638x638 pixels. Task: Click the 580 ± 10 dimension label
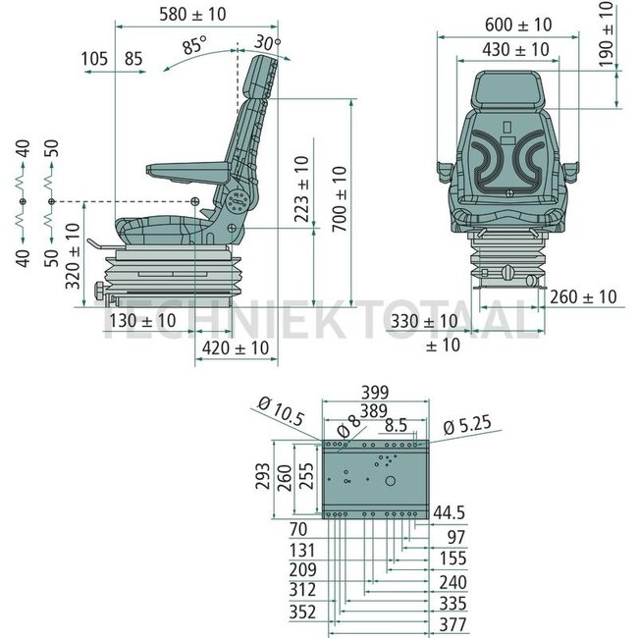point(192,15)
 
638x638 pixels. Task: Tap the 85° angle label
point(194,45)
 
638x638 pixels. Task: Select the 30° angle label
point(267,42)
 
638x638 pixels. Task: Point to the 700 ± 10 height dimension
point(340,199)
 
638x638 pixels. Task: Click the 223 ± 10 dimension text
point(302,189)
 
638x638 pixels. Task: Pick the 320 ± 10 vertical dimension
point(73,256)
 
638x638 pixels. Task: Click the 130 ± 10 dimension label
point(142,321)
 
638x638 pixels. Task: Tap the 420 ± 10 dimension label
point(236,348)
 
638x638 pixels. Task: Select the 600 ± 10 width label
point(518,25)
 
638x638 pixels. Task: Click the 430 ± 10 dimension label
point(516,50)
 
